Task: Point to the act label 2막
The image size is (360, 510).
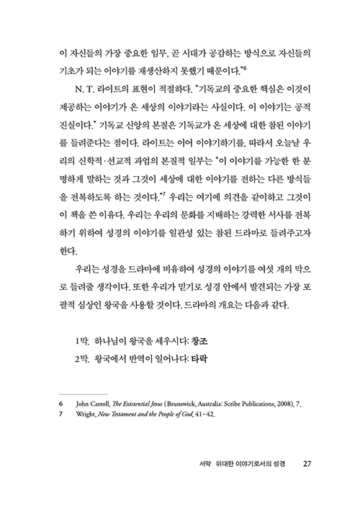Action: click(83, 359)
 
